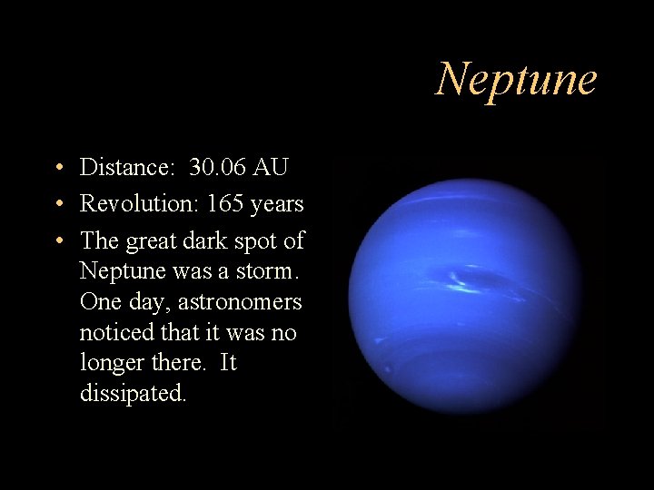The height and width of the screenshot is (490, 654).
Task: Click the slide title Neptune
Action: pos(516,79)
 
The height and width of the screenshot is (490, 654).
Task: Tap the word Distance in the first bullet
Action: pos(126,167)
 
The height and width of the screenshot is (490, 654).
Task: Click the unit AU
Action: pos(271,167)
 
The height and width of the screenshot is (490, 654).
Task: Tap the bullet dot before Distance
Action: pos(57,168)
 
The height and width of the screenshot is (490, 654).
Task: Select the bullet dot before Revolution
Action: pos(57,205)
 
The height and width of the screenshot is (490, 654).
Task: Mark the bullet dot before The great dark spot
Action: pos(57,241)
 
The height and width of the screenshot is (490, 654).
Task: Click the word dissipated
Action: pos(133,394)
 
